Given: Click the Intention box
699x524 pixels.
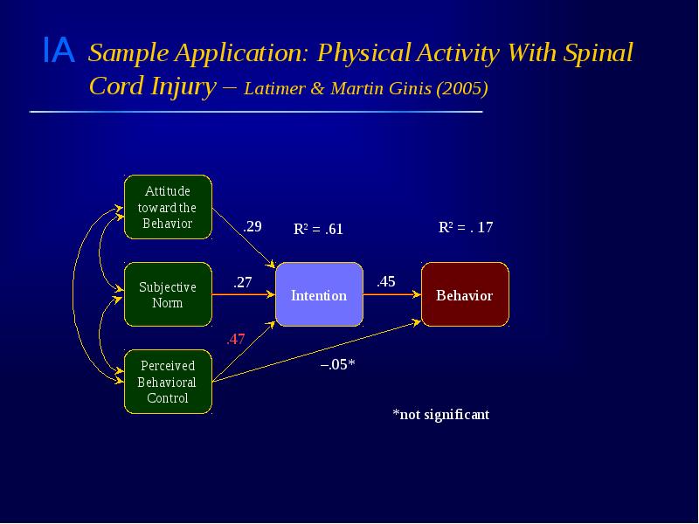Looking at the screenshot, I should (319, 295).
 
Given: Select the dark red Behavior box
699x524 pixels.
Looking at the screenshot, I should (465, 295).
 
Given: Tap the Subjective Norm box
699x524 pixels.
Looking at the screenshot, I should (168, 295).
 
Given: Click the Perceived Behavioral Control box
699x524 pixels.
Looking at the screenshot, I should (168, 382).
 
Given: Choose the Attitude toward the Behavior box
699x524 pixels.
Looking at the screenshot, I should (168, 207).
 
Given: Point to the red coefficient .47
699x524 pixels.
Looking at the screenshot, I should (235, 340).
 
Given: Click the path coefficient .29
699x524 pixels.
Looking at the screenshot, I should (253, 226).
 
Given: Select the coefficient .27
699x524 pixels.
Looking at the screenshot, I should (242, 282).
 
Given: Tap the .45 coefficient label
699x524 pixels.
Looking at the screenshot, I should (385, 281).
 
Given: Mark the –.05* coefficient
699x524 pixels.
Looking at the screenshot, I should (336, 364).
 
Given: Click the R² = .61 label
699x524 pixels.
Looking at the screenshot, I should (318, 230).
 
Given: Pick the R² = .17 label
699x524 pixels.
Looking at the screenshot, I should (465, 227).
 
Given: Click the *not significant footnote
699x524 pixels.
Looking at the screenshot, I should (440, 414).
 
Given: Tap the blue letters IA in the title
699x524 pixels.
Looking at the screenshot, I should (59, 52).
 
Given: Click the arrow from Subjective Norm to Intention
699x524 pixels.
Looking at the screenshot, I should (244, 295).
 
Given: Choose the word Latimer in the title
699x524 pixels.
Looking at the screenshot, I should (275, 89).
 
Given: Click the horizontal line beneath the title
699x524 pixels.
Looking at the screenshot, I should (255, 112).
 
